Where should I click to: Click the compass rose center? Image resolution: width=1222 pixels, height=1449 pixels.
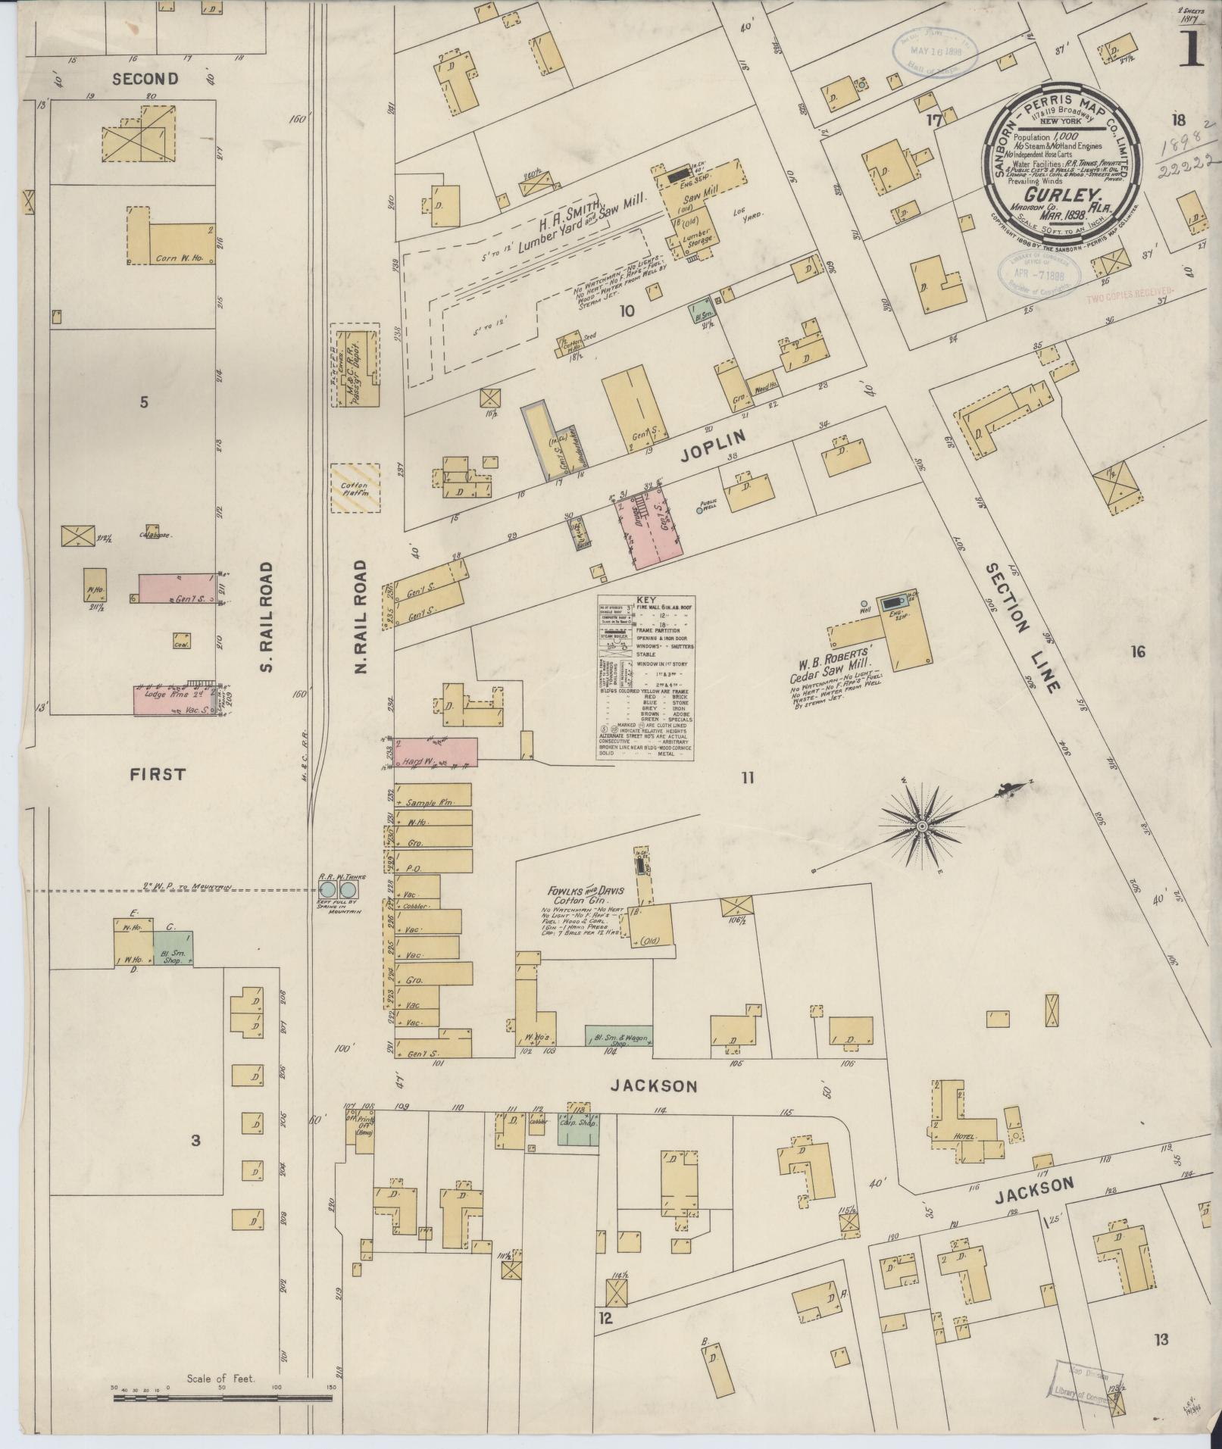[922, 826]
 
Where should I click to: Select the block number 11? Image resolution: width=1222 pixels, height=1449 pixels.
[748, 777]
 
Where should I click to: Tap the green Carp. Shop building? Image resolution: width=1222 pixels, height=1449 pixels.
[578, 1130]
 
